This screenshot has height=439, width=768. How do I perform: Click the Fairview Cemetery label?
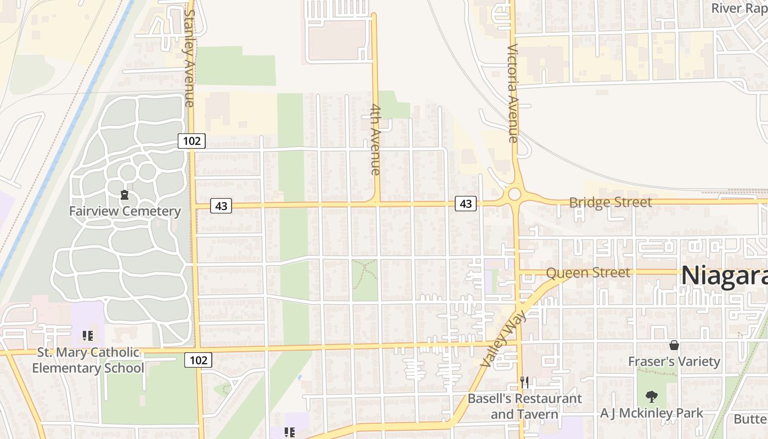pyautogui.click(x=125, y=211)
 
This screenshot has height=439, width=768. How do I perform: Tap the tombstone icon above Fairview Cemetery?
pyautogui.click(x=125, y=195)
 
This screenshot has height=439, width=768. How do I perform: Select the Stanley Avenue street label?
pyautogui.click(x=189, y=58)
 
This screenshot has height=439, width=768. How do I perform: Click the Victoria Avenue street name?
pyautogui.click(x=513, y=93)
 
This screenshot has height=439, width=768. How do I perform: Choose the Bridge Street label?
pyautogui.click(x=611, y=202)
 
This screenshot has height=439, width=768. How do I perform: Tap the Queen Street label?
pyautogui.click(x=588, y=273)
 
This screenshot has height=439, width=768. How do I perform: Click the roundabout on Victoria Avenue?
pyautogui.click(x=514, y=194)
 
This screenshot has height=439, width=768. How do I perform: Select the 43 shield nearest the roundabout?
pyautogui.click(x=466, y=204)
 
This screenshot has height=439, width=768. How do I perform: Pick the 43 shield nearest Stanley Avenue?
pyautogui.click(x=221, y=206)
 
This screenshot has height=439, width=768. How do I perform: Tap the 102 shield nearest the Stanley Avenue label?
pyautogui.click(x=191, y=141)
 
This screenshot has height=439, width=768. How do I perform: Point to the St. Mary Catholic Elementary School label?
pyautogui.click(x=88, y=360)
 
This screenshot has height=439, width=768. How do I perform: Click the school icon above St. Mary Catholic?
pyautogui.click(x=88, y=335)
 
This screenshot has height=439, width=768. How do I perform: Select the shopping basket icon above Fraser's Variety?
pyautogui.click(x=674, y=345)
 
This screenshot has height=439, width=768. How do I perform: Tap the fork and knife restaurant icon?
pyautogui.click(x=524, y=382)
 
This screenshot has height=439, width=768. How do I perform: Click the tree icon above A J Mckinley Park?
pyautogui.click(x=652, y=396)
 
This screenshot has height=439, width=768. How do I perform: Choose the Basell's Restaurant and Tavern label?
pyautogui.click(x=524, y=406)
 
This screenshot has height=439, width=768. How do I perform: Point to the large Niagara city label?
pyautogui.click(x=724, y=275)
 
